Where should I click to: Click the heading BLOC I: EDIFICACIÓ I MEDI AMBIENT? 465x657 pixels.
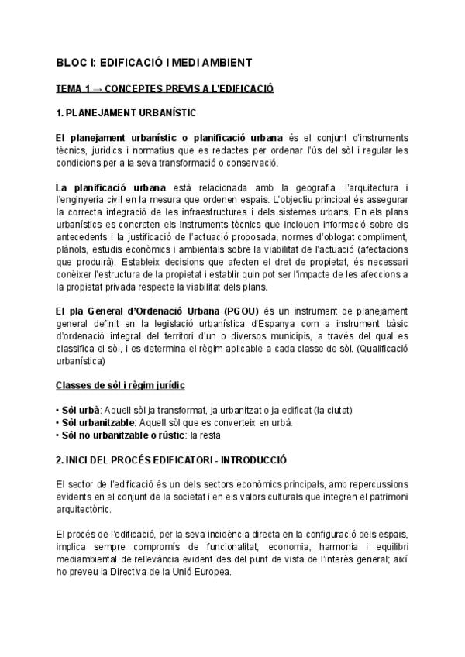[x=153, y=62]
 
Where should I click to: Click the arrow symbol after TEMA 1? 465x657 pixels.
[x=98, y=88]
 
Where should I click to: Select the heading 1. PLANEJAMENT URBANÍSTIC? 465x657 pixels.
[x=126, y=112]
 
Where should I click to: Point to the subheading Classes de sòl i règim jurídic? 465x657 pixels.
[x=120, y=385]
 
